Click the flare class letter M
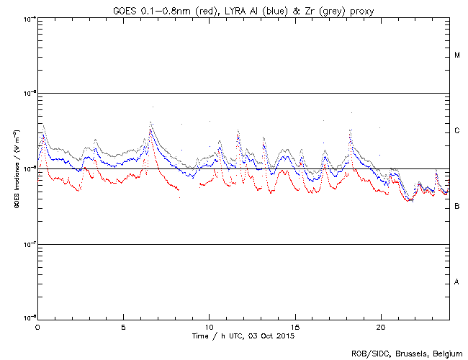click(x=457, y=55)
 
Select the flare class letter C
click(x=457, y=131)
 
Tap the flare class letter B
click(x=457, y=207)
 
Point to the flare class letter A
click(x=457, y=282)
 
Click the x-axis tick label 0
click(x=37, y=326)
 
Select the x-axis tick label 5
click(x=124, y=326)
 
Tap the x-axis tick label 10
click(x=210, y=326)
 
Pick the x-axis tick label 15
click(x=295, y=326)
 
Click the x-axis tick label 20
click(x=381, y=326)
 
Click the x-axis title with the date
click(x=244, y=336)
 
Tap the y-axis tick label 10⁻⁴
click(x=29, y=19)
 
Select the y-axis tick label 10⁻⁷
click(x=29, y=244)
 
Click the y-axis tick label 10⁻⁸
click(x=29, y=318)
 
